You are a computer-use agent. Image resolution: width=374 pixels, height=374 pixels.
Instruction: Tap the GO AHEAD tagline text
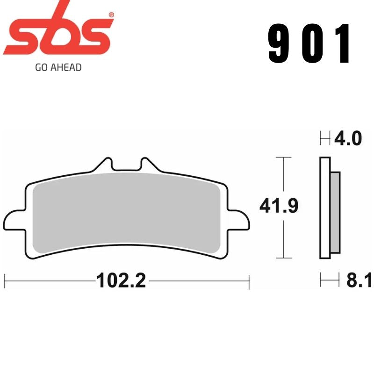pyautogui.click(x=58, y=67)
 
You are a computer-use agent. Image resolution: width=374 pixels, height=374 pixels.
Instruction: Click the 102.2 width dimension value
pyautogui.click(x=121, y=281)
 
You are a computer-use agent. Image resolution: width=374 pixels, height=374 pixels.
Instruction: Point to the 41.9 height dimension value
pyautogui.click(x=279, y=206)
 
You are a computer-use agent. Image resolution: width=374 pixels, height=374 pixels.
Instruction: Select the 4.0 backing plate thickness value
pyautogui.click(x=348, y=138)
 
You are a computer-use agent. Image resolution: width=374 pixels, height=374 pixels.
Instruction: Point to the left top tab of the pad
pyautogui.click(x=105, y=165)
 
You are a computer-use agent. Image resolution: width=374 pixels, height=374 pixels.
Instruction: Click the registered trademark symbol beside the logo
pyautogui.click(x=111, y=15)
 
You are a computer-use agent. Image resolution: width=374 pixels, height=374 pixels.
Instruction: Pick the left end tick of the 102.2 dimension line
pyautogui.click(x=4, y=281)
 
